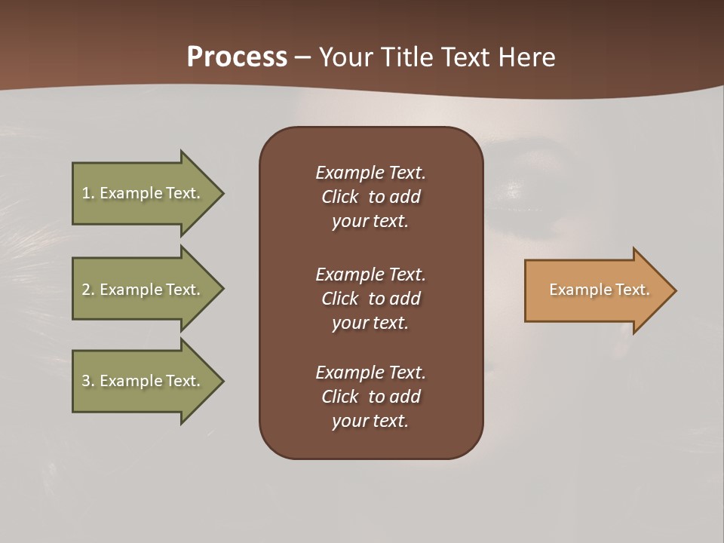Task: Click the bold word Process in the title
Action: pos(237,57)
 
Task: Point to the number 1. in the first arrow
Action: pos(88,193)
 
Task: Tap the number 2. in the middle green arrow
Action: pos(88,290)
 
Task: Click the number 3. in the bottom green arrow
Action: pos(88,381)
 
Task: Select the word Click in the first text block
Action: pos(340,197)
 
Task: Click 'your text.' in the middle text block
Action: pos(370,323)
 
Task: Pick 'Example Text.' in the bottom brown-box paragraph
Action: pos(370,373)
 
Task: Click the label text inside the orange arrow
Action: pos(600,290)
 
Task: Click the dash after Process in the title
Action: pos(302,57)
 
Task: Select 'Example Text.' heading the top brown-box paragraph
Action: pos(370,173)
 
